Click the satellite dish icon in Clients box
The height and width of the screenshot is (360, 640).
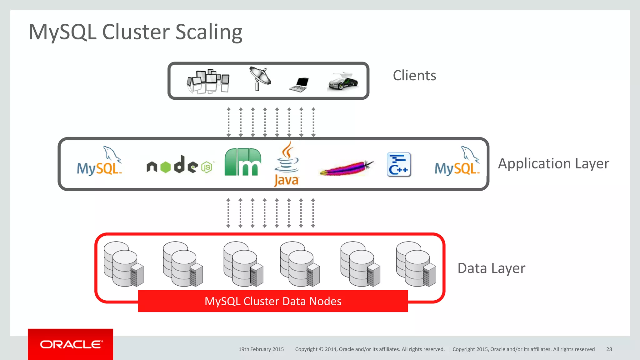point(260,78)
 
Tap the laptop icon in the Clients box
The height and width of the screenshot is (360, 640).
point(299,85)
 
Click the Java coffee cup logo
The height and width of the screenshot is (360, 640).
point(287,164)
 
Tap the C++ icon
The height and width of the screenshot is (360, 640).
point(399,165)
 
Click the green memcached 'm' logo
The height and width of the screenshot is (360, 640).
point(243,162)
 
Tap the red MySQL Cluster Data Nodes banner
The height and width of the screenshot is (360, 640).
point(273,301)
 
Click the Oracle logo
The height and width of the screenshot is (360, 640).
point(71,344)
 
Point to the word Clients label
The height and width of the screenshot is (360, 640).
point(414,76)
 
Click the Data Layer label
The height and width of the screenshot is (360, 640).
point(491,268)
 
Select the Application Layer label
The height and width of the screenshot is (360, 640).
point(553,163)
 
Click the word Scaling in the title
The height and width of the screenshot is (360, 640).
point(208,32)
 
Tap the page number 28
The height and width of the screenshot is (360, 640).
point(609,349)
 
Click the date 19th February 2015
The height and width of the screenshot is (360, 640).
point(261,349)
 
